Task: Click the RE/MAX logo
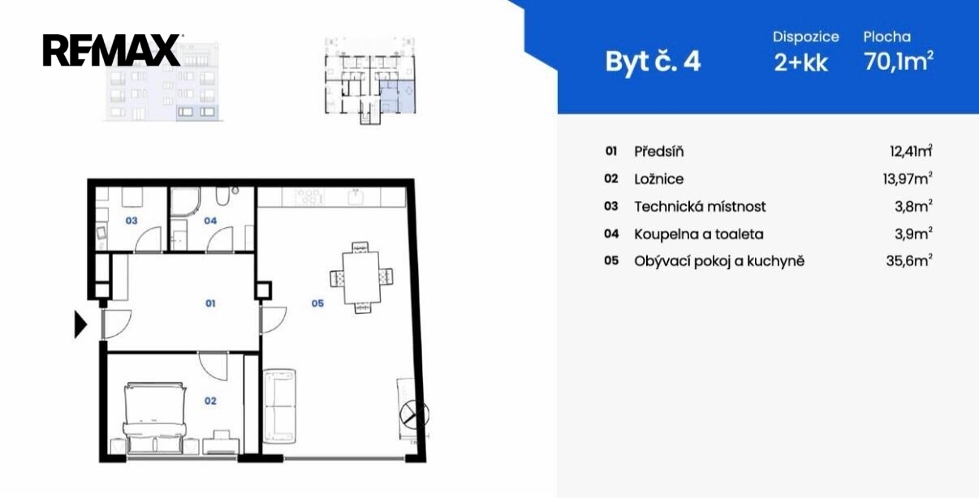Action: pyautogui.click(x=111, y=50)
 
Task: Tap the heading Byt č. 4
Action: pyautogui.click(x=653, y=62)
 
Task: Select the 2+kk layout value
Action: pyautogui.click(x=800, y=63)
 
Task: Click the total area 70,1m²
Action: pyautogui.click(x=899, y=61)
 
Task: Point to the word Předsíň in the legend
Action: pyautogui.click(x=658, y=152)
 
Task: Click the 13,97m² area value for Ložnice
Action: pyautogui.click(x=908, y=178)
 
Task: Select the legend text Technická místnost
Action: pyautogui.click(x=700, y=206)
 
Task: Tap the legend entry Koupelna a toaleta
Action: pyautogui.click(x=699, y=234)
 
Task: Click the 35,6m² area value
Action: pyautogui.click(x=909, y=261)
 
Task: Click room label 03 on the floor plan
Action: pyautogui.click(x=132, y=221)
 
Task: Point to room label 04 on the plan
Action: pyautogui.click(x=210, y=221)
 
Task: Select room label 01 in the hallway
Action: pyautogui.click(x=210, y=303)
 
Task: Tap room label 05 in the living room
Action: pyautogui.click(x=317, y=303)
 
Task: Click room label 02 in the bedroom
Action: pyautogui.click(x=210, y=401)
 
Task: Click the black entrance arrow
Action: pyautogui.click(x=80, y=324)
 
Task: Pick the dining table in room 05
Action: pyautogui.click(x=361, y=278)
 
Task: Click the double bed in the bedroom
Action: pyautogui.click(x=155, y=418)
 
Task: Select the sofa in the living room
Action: pyautogui.click(x=279, y=406)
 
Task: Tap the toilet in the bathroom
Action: pyautogui.click(x=222, y=196)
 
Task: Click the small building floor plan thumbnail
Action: pyautogui.click(x=370, y=81)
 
